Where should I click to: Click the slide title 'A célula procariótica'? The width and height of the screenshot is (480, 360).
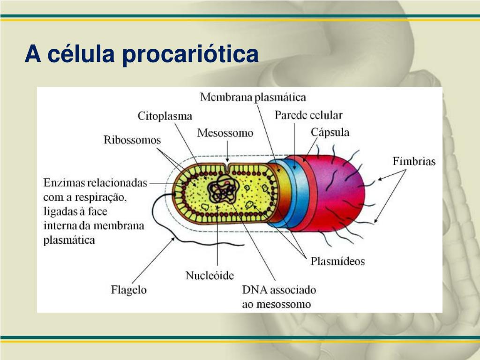tap(142, 54)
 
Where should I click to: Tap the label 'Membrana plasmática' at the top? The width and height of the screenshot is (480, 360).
tap(253, 97)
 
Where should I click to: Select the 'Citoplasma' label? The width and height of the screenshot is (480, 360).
tap(165, 115)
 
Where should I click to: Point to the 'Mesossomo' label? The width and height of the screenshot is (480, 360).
tap(225, 133)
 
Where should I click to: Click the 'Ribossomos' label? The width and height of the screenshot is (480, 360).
tap(132, 140)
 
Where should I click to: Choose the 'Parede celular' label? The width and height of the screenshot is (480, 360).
tap(308, 115)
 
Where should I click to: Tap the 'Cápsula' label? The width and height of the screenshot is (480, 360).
tap(330, 132)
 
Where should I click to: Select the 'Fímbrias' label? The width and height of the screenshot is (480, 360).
tap(414, 162)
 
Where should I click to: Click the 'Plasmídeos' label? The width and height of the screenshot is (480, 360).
tap(337, 261)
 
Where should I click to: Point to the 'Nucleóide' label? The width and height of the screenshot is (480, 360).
tap(210, 275)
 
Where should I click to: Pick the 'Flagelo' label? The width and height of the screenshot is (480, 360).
tap(128, 290)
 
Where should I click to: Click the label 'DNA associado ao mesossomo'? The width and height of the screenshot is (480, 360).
tap(278, 297)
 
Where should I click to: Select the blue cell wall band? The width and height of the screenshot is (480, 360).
tap(295, 192)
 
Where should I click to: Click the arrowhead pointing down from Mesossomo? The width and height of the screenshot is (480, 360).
tap(227, 160)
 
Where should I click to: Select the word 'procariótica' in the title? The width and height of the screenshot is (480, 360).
tap(190, 54)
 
